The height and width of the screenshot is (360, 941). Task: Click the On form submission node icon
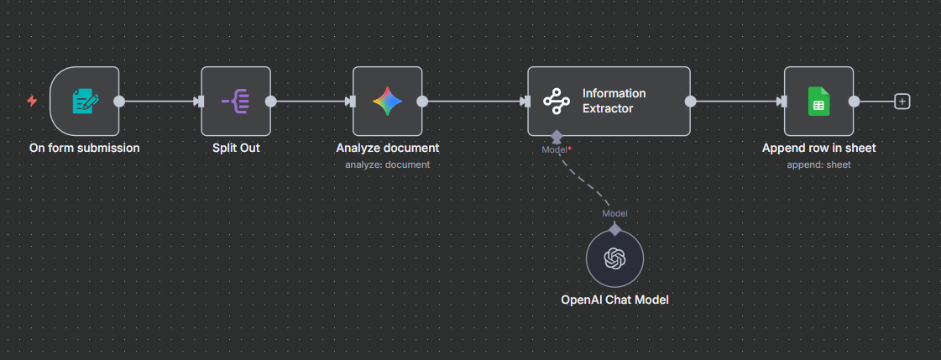coord(84,102)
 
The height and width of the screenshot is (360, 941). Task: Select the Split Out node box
coord(236,102)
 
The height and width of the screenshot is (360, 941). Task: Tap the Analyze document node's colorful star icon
coord(387,102)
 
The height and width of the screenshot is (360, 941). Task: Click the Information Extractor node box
coord(609,102)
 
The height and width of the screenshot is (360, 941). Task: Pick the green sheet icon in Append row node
coord(818,102)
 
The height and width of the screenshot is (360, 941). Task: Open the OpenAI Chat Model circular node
coord(614,259)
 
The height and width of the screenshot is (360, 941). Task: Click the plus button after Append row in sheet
coord(902,102)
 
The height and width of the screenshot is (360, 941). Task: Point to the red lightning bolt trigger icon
coord(32,102)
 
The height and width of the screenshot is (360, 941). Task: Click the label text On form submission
coord(84,148)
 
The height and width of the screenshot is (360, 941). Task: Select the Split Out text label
coord(236,148)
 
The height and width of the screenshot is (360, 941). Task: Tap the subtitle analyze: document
coord(387,164)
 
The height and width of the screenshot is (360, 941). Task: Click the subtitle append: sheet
coord(818,164)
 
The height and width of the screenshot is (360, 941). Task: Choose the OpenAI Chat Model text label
coord(614,300)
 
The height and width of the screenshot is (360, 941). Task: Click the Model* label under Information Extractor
coord(556,149)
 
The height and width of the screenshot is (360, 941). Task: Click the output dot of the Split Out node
coord(271,102)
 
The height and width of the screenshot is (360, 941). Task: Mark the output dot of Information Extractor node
coord(691,102)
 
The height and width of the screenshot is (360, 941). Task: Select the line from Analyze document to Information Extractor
coord(474,102)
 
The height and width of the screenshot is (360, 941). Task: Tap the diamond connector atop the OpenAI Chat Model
coord(614,228)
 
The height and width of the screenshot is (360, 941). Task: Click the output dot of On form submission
coord(119,102)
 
